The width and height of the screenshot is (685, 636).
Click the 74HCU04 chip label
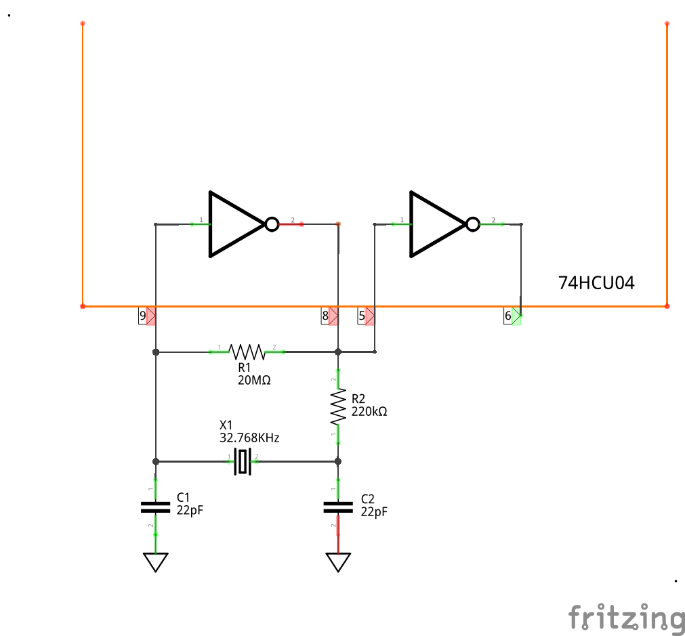click(596, 283)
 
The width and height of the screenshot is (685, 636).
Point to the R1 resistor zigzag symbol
click(247, 352)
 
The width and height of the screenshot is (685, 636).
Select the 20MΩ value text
click(254, 381)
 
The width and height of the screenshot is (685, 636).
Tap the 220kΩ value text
click(369, 411)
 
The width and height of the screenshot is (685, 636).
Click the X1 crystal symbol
click(243, 461)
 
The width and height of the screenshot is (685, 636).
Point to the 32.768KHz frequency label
click(249, 438)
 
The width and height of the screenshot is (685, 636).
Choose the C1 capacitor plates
click(156, 506)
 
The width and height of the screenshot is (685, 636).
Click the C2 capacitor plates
click(338, 506)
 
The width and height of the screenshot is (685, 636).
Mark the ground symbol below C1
click(156, 561)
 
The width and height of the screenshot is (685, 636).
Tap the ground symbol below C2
click(338, 561)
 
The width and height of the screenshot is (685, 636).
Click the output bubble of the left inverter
click(272, 224)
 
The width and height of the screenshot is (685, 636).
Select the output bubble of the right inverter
click(472, 224)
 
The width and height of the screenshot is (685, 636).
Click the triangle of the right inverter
click(434, 224)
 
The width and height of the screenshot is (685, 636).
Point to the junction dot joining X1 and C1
click(156, 461)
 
